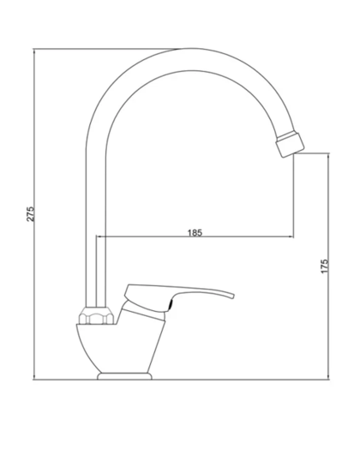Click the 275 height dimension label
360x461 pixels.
tap(29, 213)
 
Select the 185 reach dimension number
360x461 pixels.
tap(194, 232)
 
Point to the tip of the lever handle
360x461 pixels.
tap(232, 296)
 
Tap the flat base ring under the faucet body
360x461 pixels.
tap(125, 375)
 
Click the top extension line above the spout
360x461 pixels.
tap(111, 50)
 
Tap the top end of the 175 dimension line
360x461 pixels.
tap(330, 153)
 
